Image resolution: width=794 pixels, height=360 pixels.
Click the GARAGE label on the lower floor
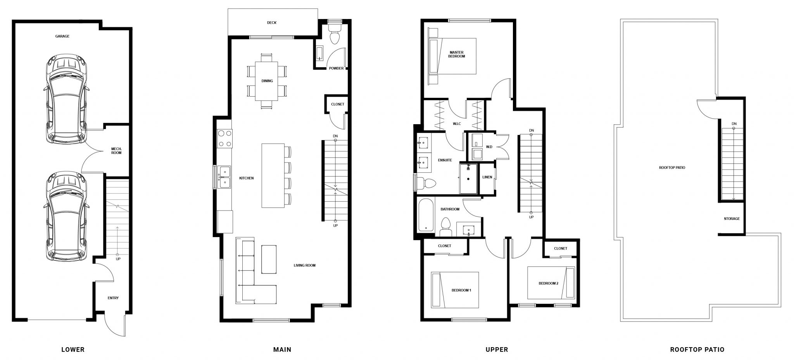pyautogui.click(x=62, y=36)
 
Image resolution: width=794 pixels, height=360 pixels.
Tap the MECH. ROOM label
pyautogui.click(x=116, y=151)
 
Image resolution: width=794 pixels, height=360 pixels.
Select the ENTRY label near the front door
pyautogui.click(x=113, y=298)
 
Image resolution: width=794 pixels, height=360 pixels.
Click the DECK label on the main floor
pyautogui.click(x=272, y=22)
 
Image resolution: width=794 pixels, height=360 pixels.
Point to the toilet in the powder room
pyautogui.click(x=334, y=34)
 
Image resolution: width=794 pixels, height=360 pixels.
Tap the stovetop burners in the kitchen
pyautogui.click(x=224, y=138)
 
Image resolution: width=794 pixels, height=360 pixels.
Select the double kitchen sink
pyautogui.click(x=224, y=177)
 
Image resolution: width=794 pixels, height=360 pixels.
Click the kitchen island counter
pyautogui.click(x=273, y=176)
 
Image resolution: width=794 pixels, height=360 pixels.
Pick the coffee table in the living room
pyautogui.click(x=269, y=260)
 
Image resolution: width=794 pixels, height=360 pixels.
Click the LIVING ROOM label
pyautogui.click(x=304, y=266)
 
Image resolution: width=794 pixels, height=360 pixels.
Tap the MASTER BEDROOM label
pyautogui.click(x=457, y=54)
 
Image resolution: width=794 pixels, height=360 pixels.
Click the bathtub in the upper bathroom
pyautogui.click(x=426, y=215)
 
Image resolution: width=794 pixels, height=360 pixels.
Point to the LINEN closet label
pyautogui.click(x=487, y=177)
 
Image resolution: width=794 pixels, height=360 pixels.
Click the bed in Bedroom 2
pyautogui.click(x=551, y=283)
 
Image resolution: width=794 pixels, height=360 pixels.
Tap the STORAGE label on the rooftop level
pyautogui.click(x=732, y=219)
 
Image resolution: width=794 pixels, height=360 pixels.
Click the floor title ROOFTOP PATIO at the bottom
pyautogui.click(x=697, y=350)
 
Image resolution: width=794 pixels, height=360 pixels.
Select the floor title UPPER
pyautogui.click(x=497, y=350)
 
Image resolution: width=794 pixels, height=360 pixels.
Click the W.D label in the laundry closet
pyautogui.click(x=489, y=147)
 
